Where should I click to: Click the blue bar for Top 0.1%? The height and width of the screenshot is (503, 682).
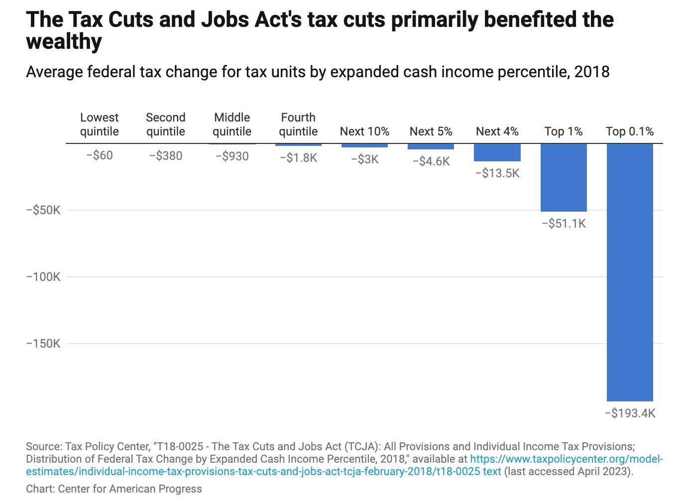click(x=630, y=272)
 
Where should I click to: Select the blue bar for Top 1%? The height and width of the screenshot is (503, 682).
click(x=564, y=177)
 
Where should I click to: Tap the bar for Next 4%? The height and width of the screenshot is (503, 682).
click(x=497, y=152)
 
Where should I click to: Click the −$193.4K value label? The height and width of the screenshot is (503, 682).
click(x=630, y=413)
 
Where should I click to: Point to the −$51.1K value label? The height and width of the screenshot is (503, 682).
click(x=564, y=224)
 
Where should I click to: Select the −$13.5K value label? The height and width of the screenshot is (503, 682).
click(x=497, y=173)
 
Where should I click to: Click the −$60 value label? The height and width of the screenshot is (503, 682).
click(x=100, y=155)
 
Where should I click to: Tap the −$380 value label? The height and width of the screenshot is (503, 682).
click(x=166, y=156)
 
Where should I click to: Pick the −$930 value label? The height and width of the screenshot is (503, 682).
click(x=232, y=156)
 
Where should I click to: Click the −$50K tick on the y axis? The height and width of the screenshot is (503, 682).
click(x=43, y=210)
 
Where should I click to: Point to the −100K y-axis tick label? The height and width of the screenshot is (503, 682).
click(x=43, y=277)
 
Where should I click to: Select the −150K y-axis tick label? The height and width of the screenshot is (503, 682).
click(x=43, y=344)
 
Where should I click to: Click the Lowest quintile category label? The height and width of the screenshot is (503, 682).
click(x=100, y=125)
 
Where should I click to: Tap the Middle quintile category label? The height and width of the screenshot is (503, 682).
click(x=232, y=125)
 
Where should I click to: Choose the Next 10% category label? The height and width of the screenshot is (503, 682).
click(x=364, y=131)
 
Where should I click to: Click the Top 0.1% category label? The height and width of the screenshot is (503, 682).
click(x=630, y=131)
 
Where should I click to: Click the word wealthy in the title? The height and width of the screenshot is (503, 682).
click(x=64, y=42)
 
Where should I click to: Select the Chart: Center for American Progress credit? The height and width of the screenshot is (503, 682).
click(x=114, y=489)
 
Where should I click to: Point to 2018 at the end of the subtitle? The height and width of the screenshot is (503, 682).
click(x=592, y=72)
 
